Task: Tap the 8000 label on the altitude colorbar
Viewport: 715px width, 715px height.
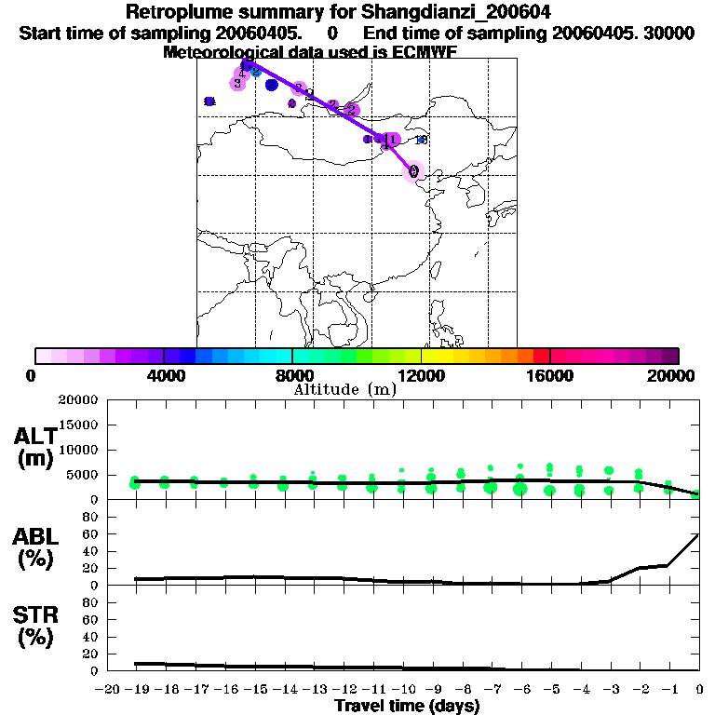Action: click(x=292, y=375)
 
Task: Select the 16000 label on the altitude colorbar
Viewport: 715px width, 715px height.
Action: click(x=549, y=375)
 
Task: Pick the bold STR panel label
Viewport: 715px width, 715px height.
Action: click(x=34, y=615)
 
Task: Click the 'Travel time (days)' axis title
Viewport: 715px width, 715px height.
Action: click(x=407, y=706)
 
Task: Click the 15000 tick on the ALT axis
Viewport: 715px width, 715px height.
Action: click(x=78, y=425)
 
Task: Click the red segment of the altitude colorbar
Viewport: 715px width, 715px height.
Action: click(x=541, y=356)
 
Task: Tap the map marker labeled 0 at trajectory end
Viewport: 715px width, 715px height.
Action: click(x=413, y=171)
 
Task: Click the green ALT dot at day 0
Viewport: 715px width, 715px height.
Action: click(x=696, y=494)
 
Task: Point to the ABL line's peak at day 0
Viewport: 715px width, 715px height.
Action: click(x=699, y=534)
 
